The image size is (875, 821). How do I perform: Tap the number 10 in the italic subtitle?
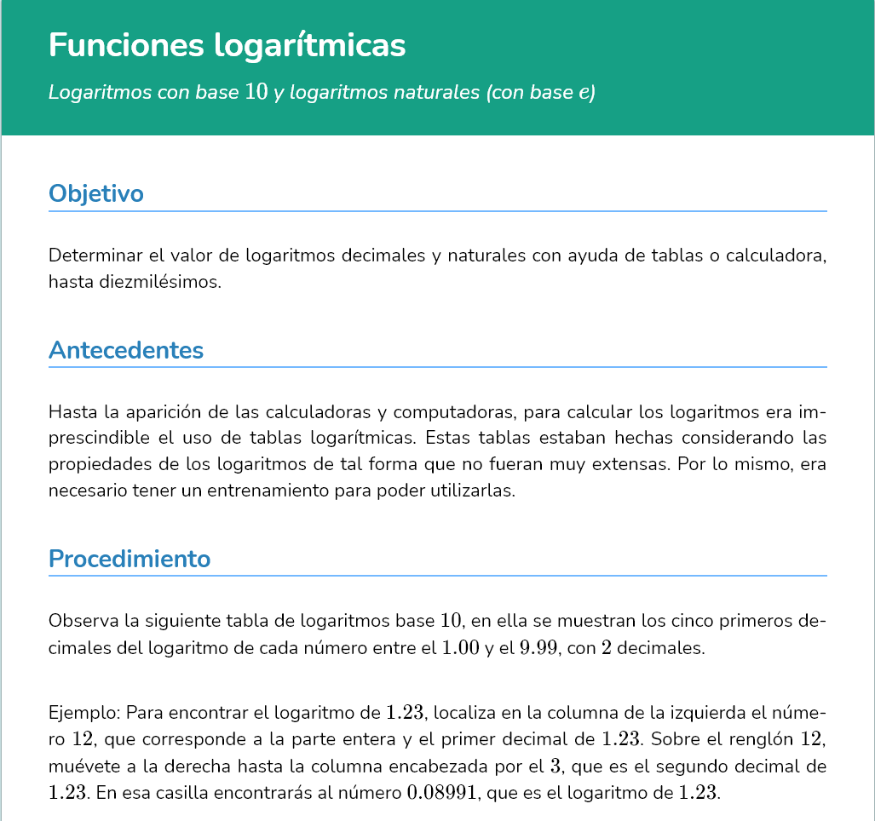[256, 92]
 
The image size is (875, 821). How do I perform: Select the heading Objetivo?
[96, 193]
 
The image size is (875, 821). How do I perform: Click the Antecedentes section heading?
[126, 350]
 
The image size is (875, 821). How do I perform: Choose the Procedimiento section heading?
[130, 559]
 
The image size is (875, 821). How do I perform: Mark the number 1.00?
[461, 647]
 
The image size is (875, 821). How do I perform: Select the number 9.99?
[538, 647]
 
